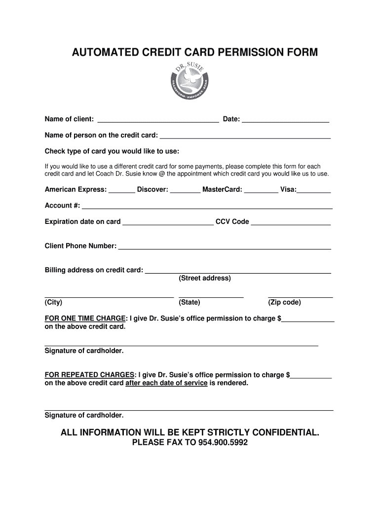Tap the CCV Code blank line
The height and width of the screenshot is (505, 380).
291,223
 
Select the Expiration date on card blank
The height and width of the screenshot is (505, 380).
168,223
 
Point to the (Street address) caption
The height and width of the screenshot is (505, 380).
204,278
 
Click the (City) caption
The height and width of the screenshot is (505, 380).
53,302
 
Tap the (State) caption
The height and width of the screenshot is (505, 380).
190,302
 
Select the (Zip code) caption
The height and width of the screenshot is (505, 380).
284,302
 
